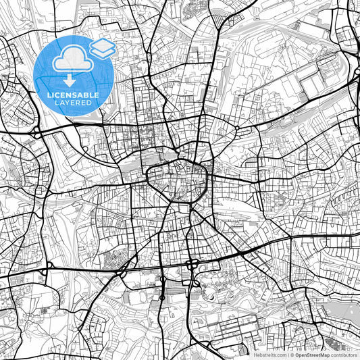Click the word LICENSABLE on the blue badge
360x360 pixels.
tap(74, 95)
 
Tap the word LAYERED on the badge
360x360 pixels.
tap(74, 103)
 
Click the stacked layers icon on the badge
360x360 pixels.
tap(102, 49)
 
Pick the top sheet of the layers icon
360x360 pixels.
tap(102, 45)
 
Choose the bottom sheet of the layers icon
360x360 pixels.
tap(102, 53)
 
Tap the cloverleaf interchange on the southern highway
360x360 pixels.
tap(193, 261)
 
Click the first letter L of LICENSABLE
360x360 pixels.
tap(49, 95)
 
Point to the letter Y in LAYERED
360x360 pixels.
tap(70, 103)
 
